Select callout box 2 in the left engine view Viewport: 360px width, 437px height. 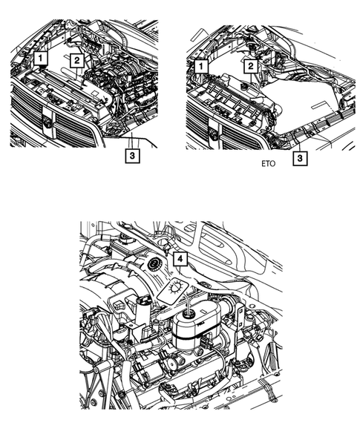pyautogui.click(x=75, y=59)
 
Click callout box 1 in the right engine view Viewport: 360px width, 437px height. pyautogui.click(x=199, y=67)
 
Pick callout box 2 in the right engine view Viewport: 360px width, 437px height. pyautogui.click(x=252, y=67)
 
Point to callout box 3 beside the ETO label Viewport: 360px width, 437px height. pyautogui.click(x=298, y=158)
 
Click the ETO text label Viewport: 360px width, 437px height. pyautogui.click(x=269, y=166)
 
